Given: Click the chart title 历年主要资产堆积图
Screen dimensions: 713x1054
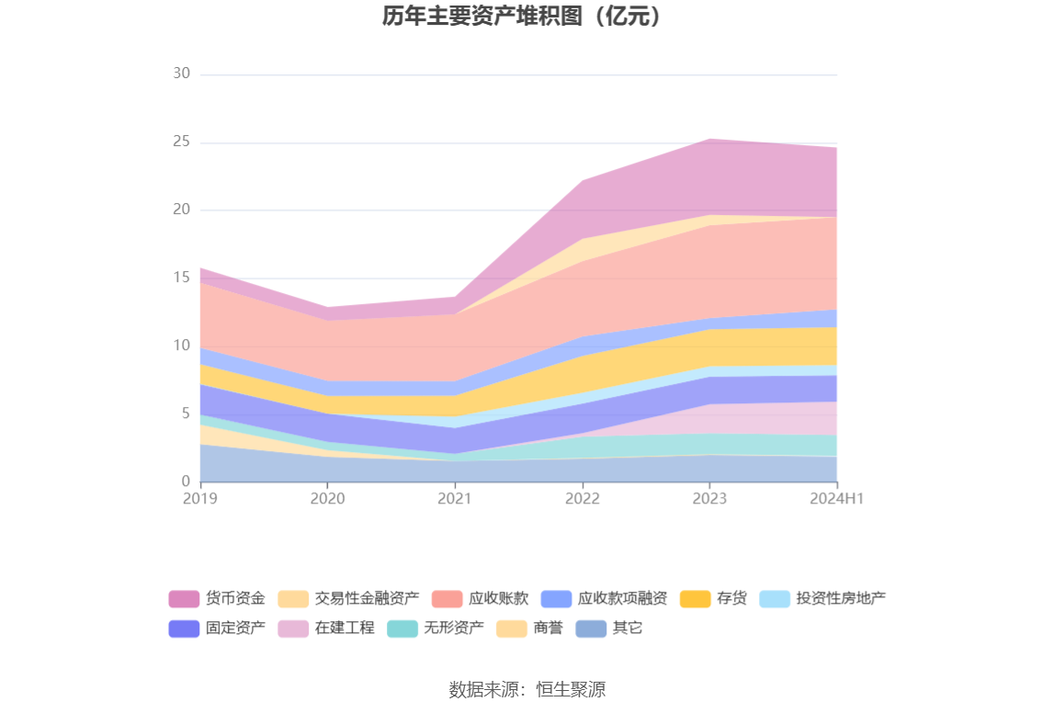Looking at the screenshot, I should click(x=522, y=17).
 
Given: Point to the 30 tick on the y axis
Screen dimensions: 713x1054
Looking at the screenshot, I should click(x=181, y=74).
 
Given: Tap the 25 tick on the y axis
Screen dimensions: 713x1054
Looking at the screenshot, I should click(x=181, y=141).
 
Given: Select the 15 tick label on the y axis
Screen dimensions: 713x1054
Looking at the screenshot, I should click(x=181, y=277).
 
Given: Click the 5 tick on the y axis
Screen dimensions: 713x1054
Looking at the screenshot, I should click(x=185, y=413).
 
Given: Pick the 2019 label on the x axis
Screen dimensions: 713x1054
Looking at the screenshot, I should click(x=199, y=498).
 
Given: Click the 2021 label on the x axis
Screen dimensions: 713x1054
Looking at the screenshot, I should click(x=454, y=498).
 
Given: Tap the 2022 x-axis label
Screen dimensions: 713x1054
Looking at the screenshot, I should click(x=582, y=498).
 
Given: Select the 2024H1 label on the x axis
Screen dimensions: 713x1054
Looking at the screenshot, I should click(x=836, y=498).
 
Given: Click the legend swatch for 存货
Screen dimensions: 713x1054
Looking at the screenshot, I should click(x=696, y=599).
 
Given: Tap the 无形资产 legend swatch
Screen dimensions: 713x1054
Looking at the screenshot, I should click(x=402, y=628).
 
